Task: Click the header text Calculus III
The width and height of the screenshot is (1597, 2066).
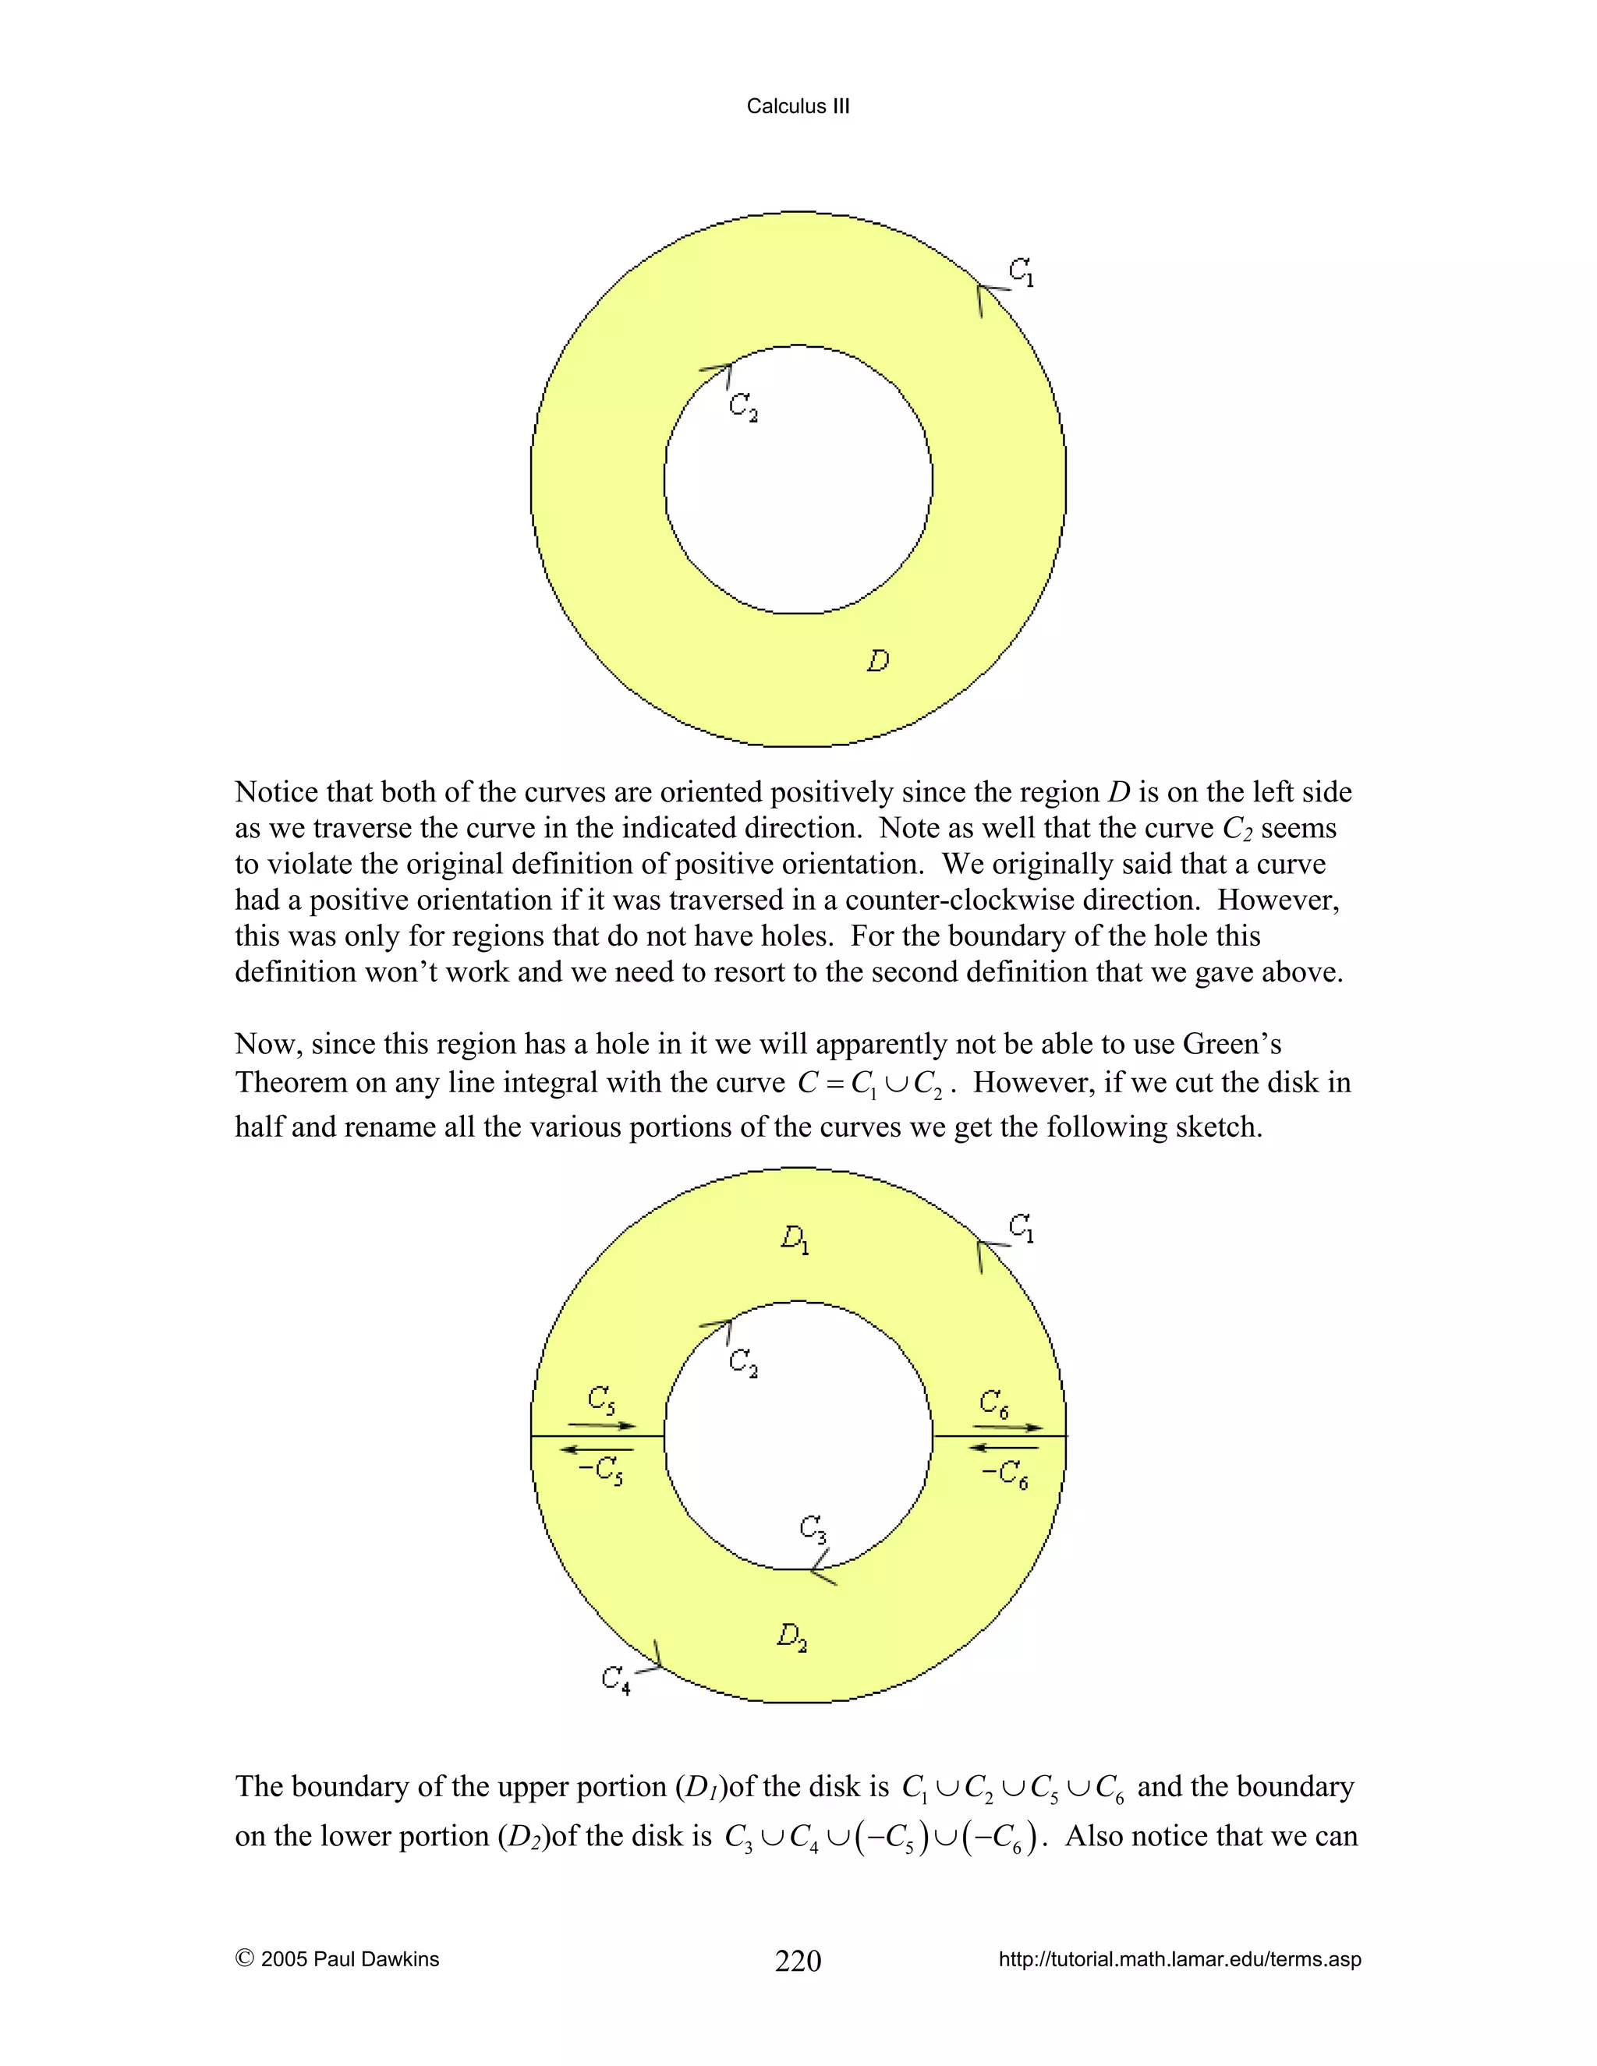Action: pyautogui.click(x=798, y=106)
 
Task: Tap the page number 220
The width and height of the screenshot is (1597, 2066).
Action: pyautogui.click(x=798, y=1961)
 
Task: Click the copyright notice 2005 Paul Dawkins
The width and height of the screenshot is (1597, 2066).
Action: pyautogui.click(x=337, y=1959)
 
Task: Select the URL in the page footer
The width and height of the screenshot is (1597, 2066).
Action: pyautogui.click(x=1180, y=1959)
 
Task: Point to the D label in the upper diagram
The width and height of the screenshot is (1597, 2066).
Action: pyautogui.click(x=878, y=660)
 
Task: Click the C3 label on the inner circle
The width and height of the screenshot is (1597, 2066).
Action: pyautogui.click(x=813, y=1528)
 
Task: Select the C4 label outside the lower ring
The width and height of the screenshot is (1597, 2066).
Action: pyautogui.click(x=616, y=1679)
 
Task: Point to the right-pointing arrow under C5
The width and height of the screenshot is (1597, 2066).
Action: pyautogui.click(x=602, y=1426)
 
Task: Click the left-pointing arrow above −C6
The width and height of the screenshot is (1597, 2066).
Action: pyautogui.click(x=1004, y=1447)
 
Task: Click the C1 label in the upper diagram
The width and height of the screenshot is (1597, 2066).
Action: pyautogui.click(x=1022, y=272)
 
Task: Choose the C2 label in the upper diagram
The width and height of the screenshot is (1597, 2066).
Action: pyautogui.click(x=742, y=407)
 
